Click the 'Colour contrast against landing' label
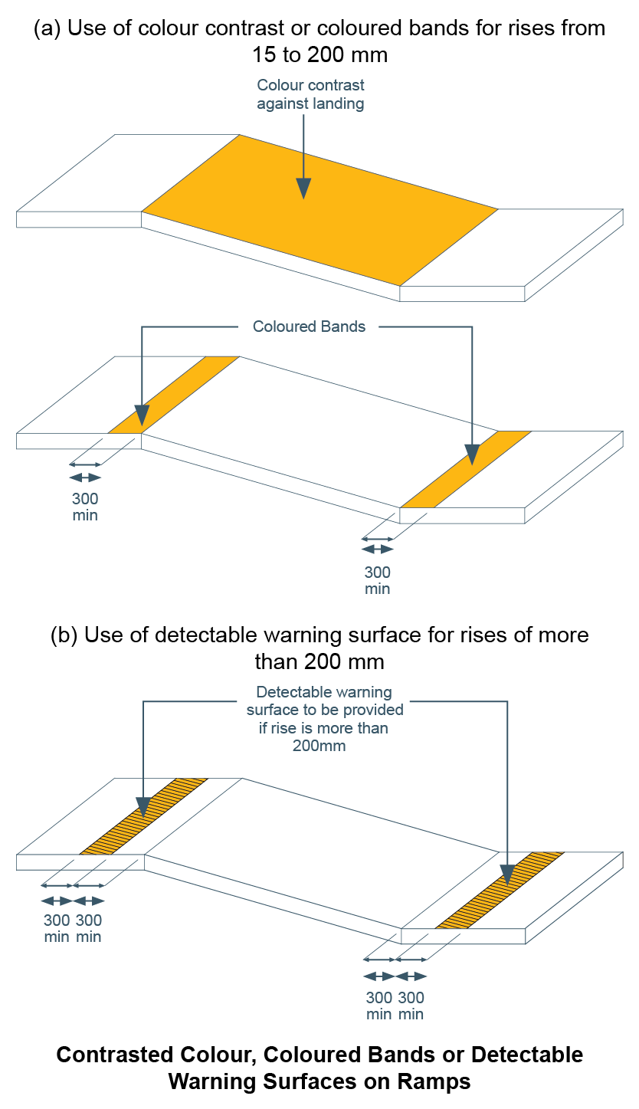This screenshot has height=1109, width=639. [310, 94]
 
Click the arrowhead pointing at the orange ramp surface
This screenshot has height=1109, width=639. [304, 188]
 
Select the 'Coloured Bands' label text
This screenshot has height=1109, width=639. [310, 326]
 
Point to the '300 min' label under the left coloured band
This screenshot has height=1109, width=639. [85, 507]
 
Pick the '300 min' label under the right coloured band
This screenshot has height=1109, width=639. [377, 580]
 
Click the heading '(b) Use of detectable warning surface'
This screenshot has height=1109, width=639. [319, 635]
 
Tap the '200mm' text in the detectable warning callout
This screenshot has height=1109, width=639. [319, 745]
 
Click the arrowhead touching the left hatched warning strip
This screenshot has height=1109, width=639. [143, 807]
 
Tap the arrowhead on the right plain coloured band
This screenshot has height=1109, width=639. [472, 455]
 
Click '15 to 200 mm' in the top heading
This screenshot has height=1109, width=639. [319, 55]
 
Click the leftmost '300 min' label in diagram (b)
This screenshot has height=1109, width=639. [56, 928]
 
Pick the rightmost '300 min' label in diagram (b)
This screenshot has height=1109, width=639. [411, 1006]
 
